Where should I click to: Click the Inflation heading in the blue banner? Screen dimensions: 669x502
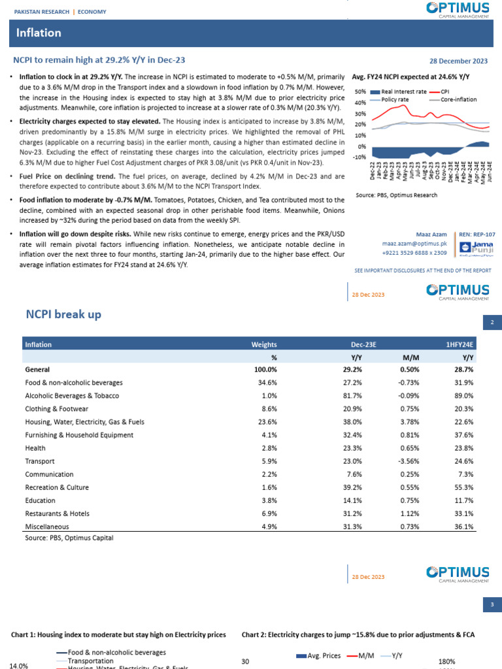[39, 33]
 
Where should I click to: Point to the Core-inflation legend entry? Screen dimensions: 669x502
[458, 99]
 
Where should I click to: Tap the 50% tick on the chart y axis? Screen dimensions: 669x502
[360, 92]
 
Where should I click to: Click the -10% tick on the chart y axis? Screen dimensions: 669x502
[359, 157]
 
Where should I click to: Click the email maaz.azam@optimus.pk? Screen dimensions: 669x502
[423, 242]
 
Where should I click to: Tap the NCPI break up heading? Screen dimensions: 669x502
[63, 314]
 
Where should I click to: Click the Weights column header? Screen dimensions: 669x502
[264, 344]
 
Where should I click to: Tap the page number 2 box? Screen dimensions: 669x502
[492, 321]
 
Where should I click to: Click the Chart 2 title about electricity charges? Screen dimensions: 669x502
[358, 634]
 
